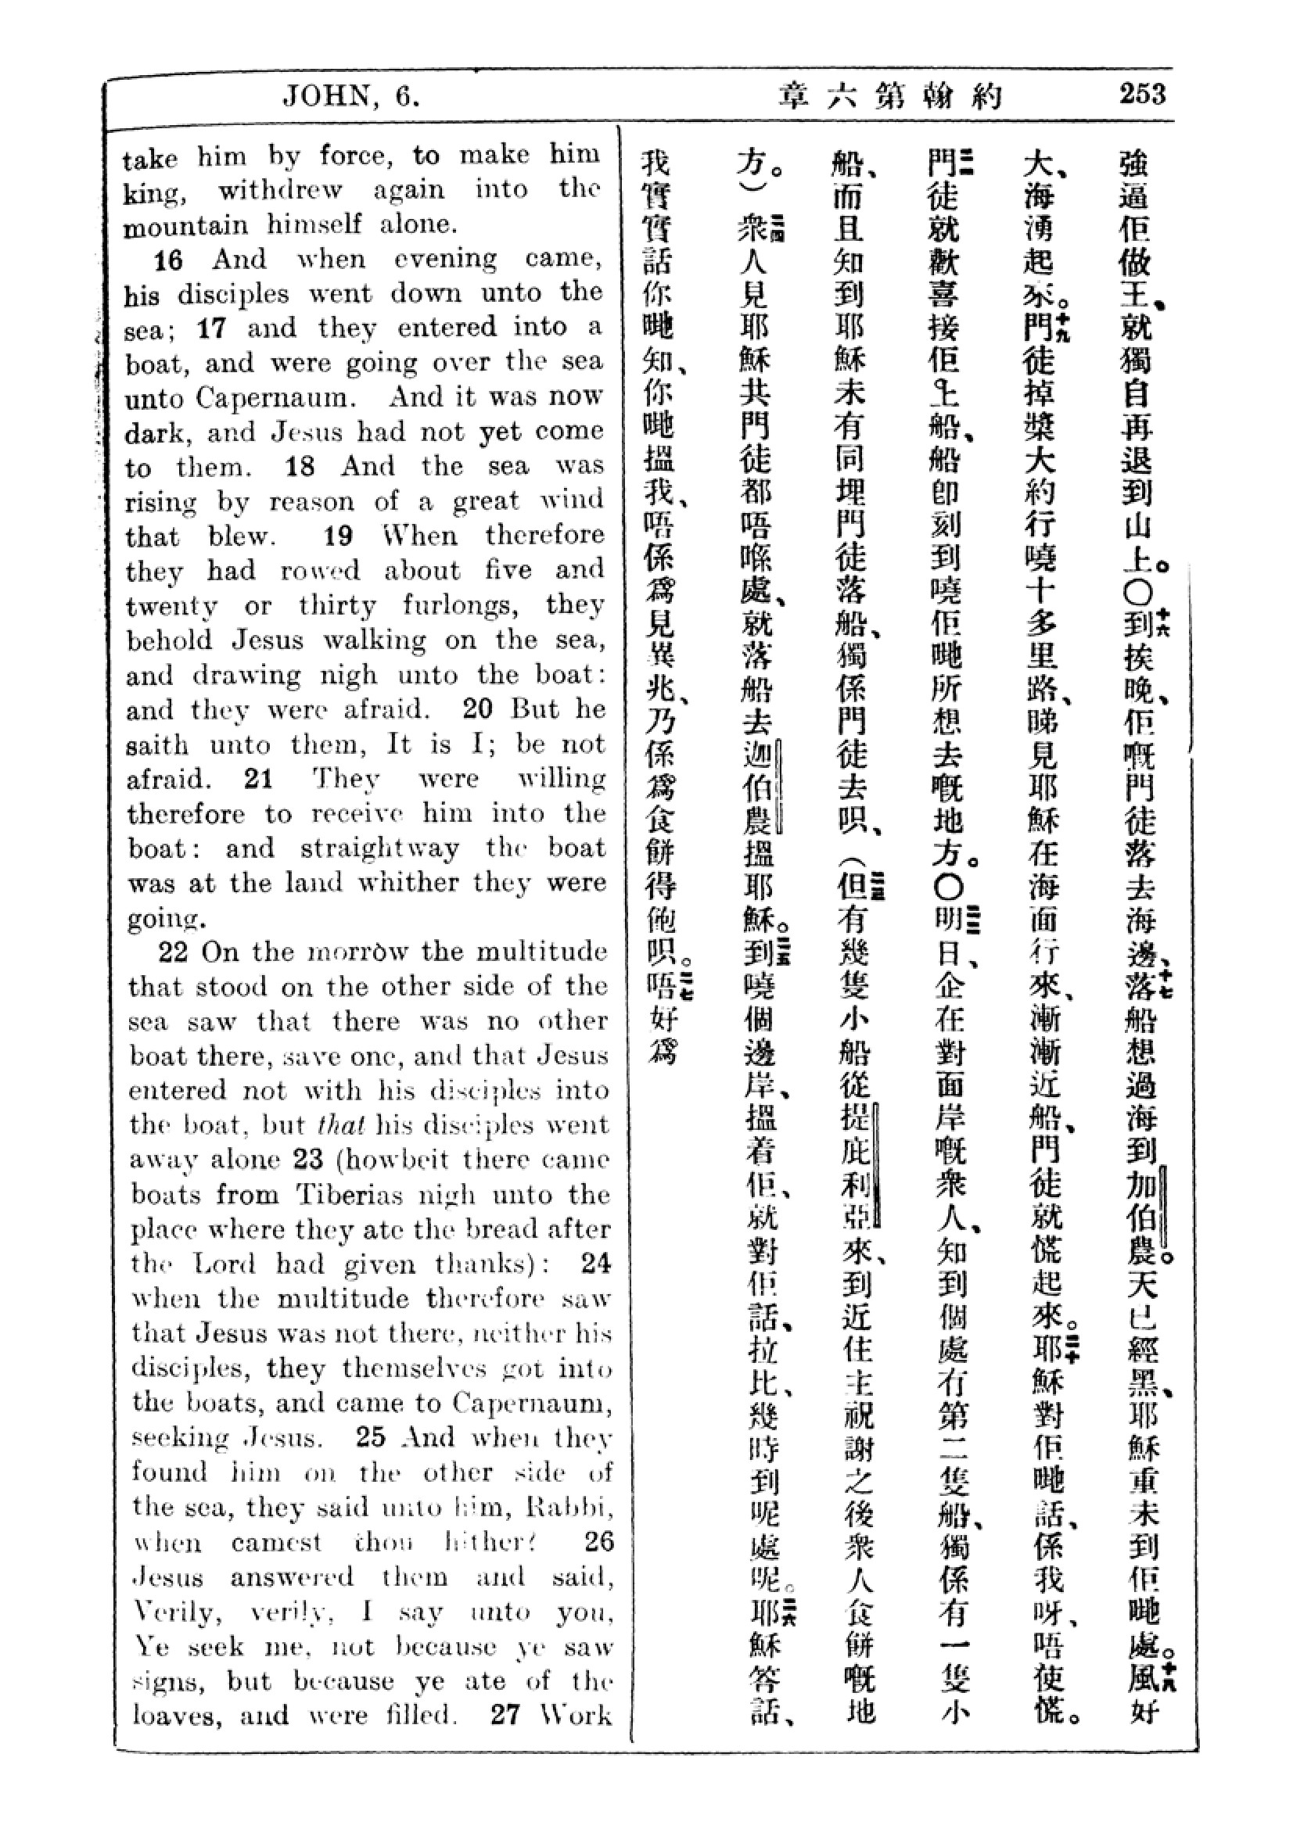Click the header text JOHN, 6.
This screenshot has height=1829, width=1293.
pos(350,97)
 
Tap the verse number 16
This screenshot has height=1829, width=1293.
pos(168,260)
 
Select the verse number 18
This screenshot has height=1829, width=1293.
pos(300,466)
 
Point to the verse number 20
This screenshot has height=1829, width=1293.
pos(478,709)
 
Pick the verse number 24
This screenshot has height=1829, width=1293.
pos(596,1264)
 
